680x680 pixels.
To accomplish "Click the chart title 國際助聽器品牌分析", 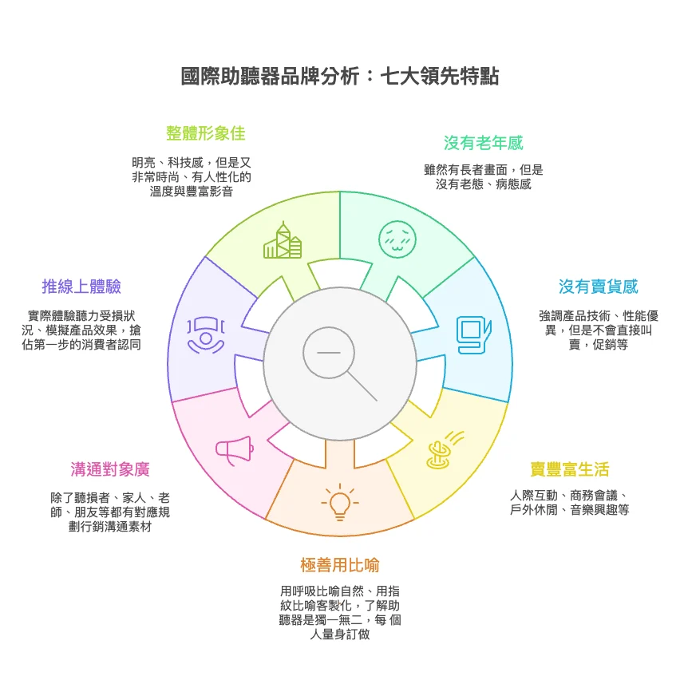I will pos(339,77).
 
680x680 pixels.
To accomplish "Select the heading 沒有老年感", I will pos(483,144).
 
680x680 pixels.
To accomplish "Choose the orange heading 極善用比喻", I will pos(339,565).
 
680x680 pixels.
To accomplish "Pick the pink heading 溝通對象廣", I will pos(109,469).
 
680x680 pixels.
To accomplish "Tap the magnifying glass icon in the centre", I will pos(339,361).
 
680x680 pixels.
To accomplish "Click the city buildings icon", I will pos(283,241).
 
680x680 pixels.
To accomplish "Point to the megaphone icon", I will pos(234,450).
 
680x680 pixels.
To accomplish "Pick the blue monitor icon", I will pos(472,335).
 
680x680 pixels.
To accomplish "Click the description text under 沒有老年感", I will pos(483,177).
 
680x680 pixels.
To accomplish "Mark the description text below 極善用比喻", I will pos(339,613).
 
